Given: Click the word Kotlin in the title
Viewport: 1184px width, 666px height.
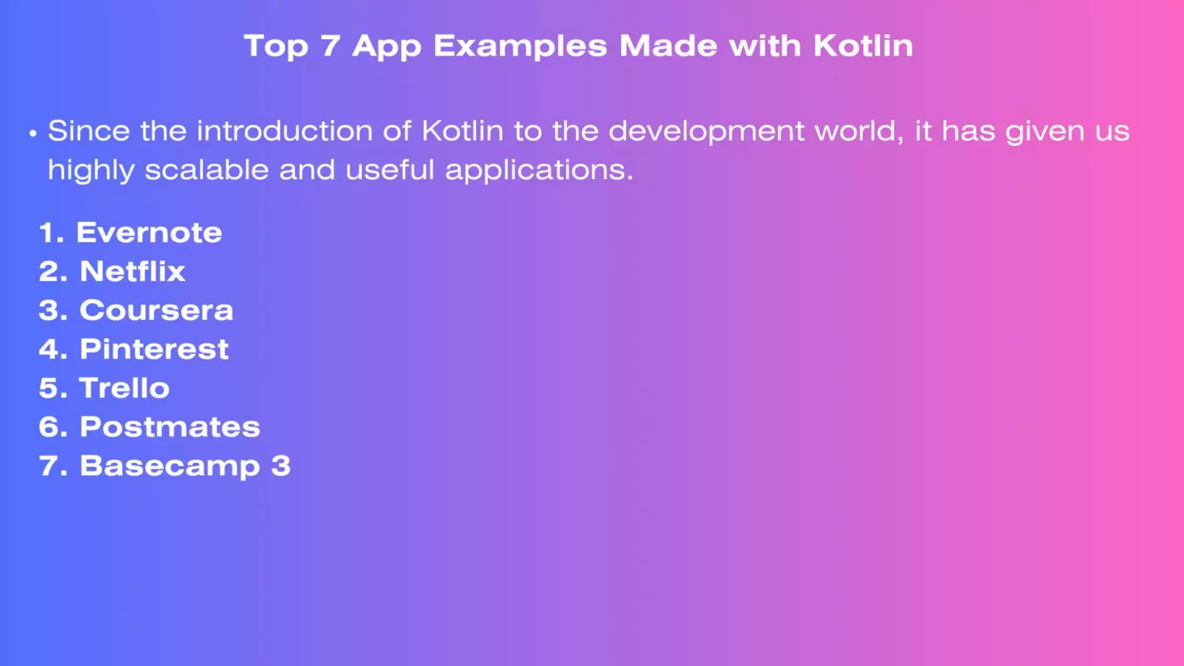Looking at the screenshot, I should tap(863, 46).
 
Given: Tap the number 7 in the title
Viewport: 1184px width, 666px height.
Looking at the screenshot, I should tap(330, 46).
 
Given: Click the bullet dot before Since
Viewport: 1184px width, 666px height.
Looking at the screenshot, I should tap(33, 134).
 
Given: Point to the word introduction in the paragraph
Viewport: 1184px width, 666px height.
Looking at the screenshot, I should tap(284, 131).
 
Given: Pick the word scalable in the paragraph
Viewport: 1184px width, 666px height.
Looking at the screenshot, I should tap(206, 170).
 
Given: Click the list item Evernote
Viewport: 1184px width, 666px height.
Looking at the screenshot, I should tap(149, 233).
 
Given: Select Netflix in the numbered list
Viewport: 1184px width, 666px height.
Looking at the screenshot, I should tap(132, 272).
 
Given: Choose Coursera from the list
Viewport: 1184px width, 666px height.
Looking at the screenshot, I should tap(156, 310).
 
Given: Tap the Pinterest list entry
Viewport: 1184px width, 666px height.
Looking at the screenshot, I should tap(154, 349).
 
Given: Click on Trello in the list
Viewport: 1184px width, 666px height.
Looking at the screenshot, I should tap(124, 388).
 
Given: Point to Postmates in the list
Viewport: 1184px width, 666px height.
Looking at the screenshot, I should tap(170, 427).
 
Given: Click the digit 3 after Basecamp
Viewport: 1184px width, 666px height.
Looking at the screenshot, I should tap(280, 465).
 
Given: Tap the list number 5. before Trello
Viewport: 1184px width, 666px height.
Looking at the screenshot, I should tap(53, 388).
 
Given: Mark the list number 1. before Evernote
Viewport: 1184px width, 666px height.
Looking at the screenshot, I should tap(51, 233).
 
